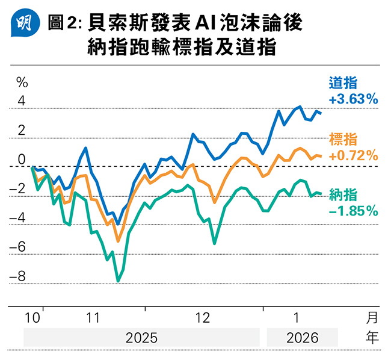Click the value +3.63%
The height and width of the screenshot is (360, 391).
coord(353,99)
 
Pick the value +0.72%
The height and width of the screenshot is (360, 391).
coord(353,156)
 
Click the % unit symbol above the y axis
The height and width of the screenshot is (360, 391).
coord(22,81)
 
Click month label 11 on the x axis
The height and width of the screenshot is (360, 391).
coord(93,318)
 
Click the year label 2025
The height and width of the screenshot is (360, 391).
coord(141,338)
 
